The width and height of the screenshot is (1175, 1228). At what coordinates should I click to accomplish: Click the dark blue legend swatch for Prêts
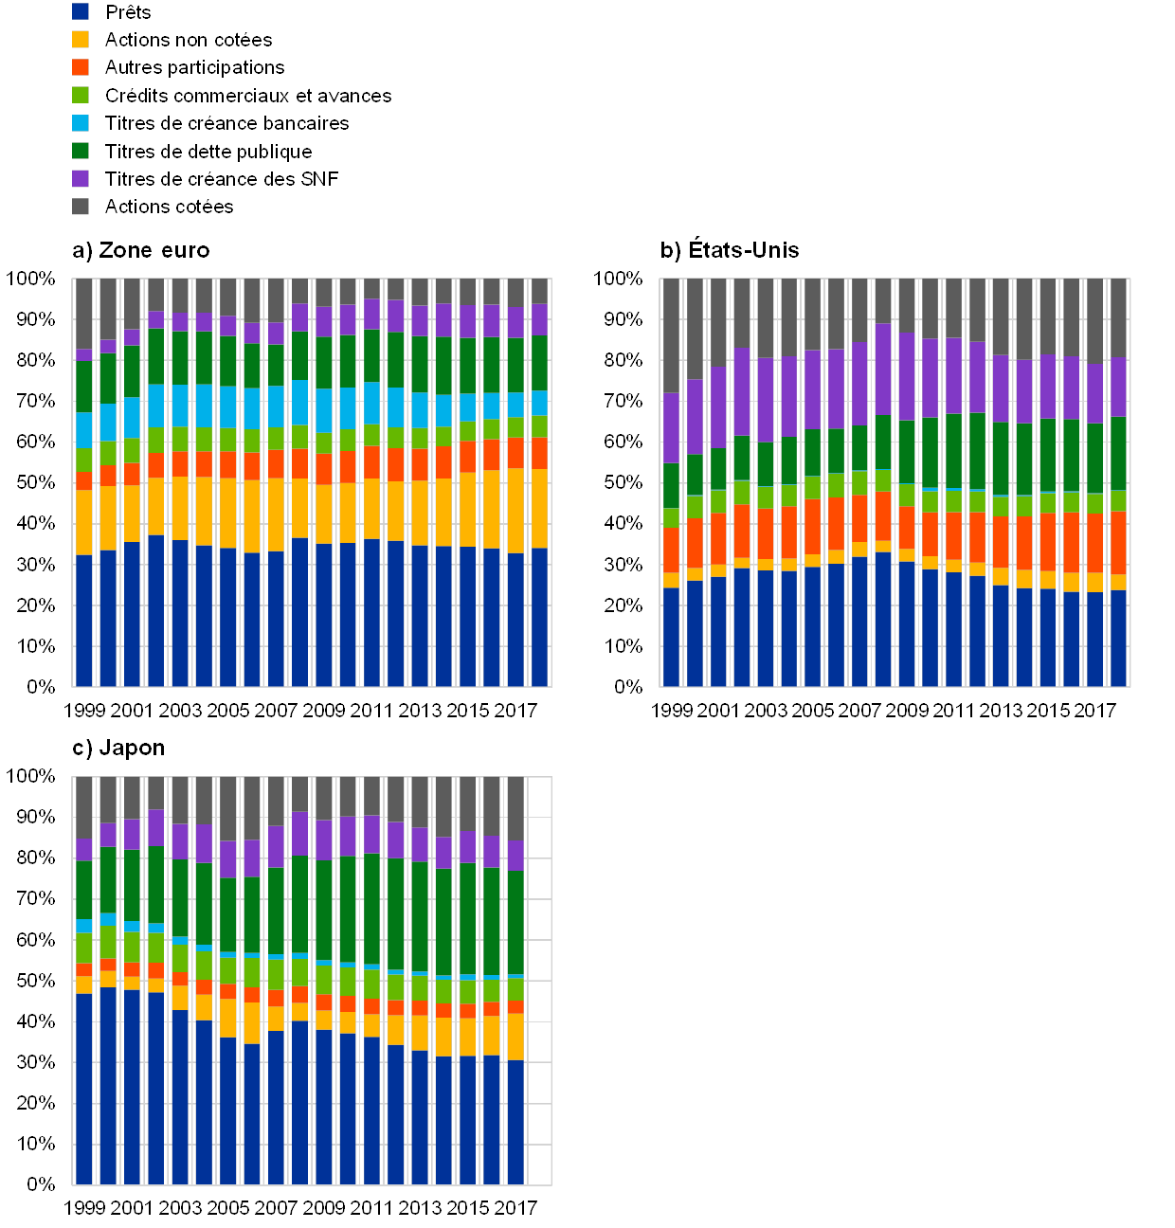pyautogui.click(x=81, y=11)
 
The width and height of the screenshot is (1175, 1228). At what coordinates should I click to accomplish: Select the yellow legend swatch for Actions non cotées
pyautogui.click(x=81, y=39)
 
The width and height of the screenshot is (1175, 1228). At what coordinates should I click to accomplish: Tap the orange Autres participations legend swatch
pyautogui.click(x=81, y=67)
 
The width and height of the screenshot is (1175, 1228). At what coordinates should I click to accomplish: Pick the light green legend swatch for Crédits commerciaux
pyautogui.click(x=81, y=95)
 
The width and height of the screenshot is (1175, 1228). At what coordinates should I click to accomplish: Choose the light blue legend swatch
pyautogui.click(x=81, y=122)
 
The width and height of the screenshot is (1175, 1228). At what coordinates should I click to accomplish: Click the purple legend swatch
pyautogui.click(x=81, y=178)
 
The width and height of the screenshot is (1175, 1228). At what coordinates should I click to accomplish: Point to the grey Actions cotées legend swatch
pyautogui.click(x=81, y=206)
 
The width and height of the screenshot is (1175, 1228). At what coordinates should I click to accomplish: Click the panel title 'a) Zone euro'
pyautogui.click(x=141, y=250)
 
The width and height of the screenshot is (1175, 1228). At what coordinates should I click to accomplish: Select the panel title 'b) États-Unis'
pyautogui.click(x=731, y=250)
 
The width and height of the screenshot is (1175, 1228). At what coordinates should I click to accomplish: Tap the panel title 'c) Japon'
pyautogui.click(x=118, y=748)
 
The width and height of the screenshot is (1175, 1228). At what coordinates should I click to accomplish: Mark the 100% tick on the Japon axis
pyautogui.click(x=32, y=776)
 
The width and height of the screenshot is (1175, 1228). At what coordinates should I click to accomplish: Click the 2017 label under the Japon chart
pyautogui.click(x=515, y=1208)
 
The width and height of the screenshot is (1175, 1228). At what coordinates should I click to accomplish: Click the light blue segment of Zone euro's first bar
pyautogui.click(x=84, y=430)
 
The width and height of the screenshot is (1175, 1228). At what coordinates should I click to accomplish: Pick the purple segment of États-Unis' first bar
pyautogui.click(x=672, y=428)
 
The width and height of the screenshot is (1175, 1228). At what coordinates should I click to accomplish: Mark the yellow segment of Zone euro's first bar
pyautogui.click(x=84, y=522)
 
